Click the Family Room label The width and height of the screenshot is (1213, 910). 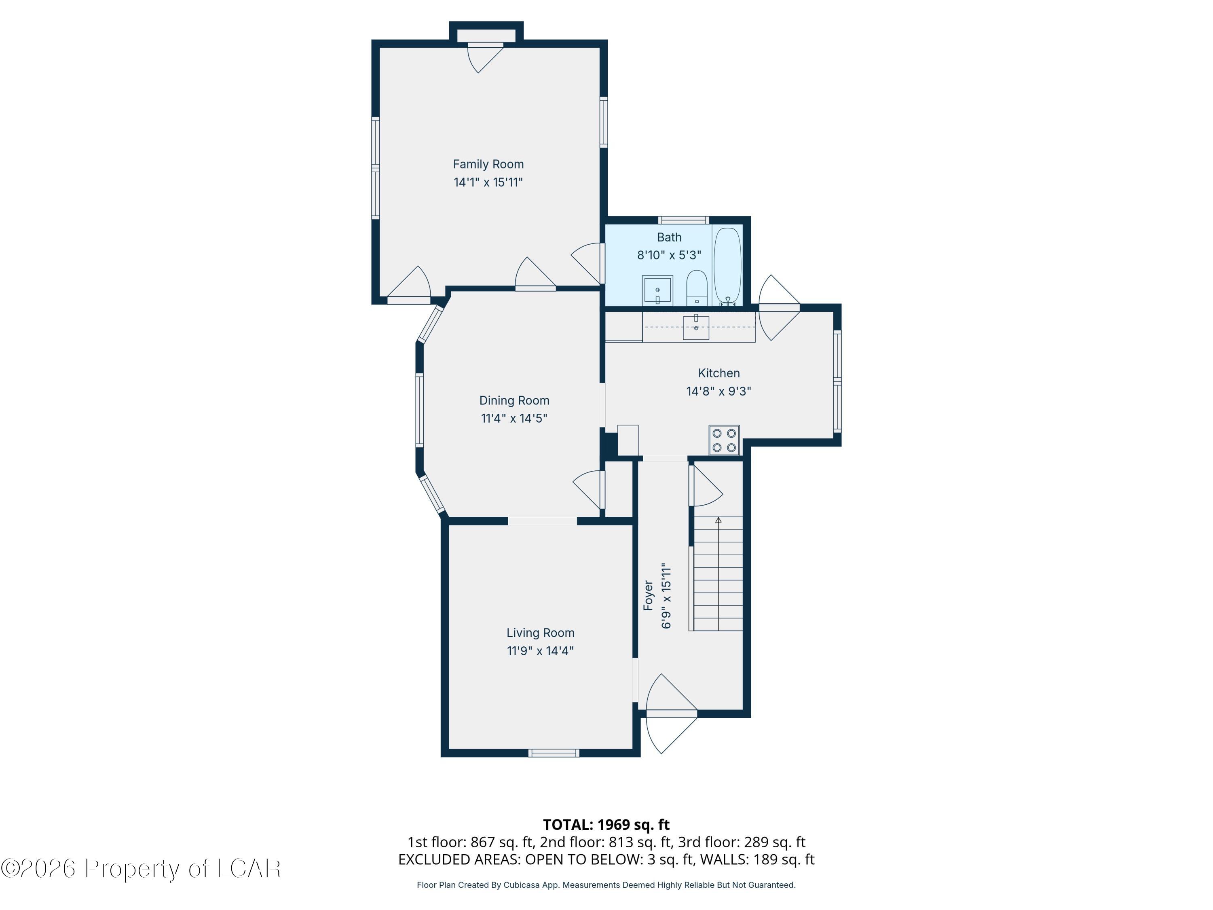[x=488, y=164]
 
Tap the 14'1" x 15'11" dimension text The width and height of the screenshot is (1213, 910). [x=488, y=182]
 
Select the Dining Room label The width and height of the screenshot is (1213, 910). [x=514, y=400]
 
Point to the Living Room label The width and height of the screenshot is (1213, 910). [x=540, y=633]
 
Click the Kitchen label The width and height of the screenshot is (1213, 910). [x=719, y=373]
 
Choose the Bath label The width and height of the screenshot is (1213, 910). [x=669, y=237]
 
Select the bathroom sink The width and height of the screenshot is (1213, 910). [x=657, y=290]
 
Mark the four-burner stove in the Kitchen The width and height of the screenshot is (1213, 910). [x=724, y=440]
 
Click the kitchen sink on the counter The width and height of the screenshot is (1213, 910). [x=696, y=328]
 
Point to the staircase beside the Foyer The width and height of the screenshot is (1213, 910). [x=719, y=574]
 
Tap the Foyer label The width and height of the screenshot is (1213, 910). [x=648, y=595]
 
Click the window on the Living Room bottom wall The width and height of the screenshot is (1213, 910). [x=554, y=753]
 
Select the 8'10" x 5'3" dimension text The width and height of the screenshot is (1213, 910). [x=669, y=255]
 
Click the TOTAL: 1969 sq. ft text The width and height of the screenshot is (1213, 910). [x=606, y=824]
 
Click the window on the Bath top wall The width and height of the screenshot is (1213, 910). [x=683, y=220]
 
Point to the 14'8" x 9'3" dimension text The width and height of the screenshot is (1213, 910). [x=719, y=391]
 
